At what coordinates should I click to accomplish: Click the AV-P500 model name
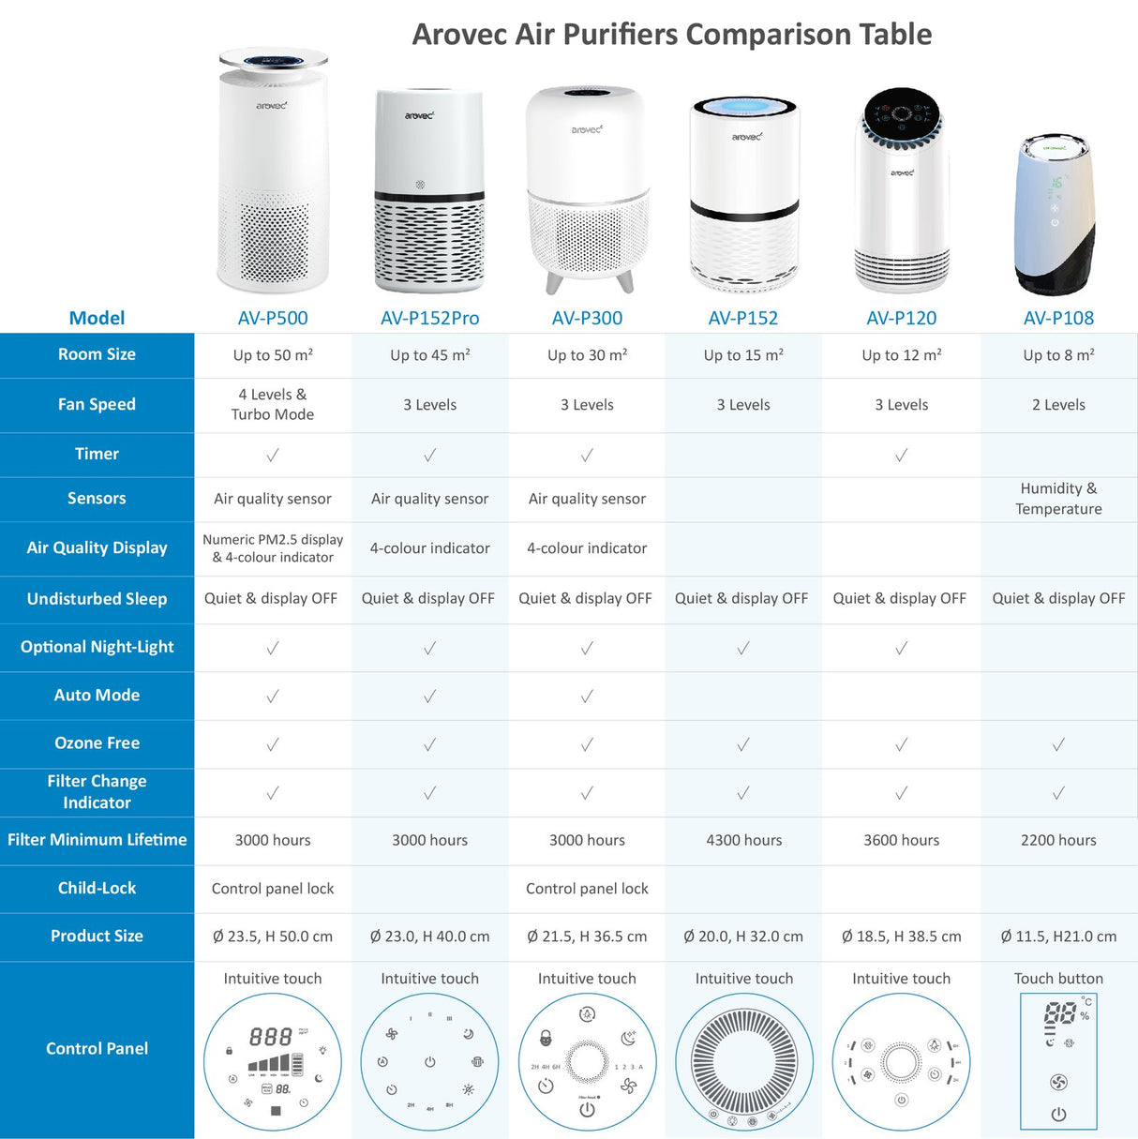coord(273,318)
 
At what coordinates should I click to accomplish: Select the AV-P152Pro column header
coord(429,318)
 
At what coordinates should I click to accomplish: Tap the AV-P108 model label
coord(1058,318)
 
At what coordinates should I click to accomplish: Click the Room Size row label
coord(97,354)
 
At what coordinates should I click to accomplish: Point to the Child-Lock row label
coord(97,888)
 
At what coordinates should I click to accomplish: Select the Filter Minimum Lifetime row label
coord(97,840)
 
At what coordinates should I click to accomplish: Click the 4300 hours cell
coord(743,840)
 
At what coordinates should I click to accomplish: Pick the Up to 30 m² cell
coord(587,355)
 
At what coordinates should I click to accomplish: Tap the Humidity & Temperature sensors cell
coord(1058,499)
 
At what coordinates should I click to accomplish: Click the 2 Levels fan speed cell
coord(1058,405)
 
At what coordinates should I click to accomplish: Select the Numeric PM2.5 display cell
coord(273,547)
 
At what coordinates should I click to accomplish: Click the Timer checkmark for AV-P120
coord(901,456)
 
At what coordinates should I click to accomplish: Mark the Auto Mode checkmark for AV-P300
coord(587,697)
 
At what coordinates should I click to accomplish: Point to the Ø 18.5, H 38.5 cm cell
coord(901,937)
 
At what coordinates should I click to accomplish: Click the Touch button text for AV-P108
coord(1058,979)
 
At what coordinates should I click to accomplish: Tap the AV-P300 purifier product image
coord(587,187)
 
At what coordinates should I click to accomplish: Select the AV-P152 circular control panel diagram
coord(743,1062)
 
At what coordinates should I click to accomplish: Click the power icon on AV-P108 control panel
coord(1058,1115)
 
